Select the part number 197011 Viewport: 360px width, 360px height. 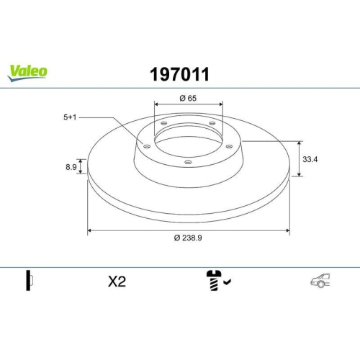[x=179, y=73]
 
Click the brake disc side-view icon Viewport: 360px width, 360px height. [x=30, y=282]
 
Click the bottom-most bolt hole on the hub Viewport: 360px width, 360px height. [x=188, y=162]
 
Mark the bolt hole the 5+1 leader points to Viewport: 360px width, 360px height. [x=148, y=146]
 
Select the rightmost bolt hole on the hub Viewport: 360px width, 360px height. [x=228, y=146]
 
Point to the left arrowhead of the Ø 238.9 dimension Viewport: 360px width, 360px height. [x=89, y=231]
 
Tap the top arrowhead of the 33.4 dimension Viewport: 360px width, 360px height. [x=300, y=143]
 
